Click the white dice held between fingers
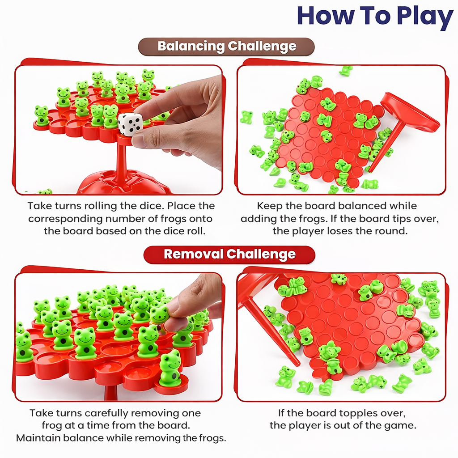click(x=130, y=124)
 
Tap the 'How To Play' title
click(x=374, y=16)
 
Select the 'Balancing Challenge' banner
click(x=226, y=47)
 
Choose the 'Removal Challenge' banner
click(x=229, y=254)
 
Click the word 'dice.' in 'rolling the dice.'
click(x=154, y=206)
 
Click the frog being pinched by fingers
click(x=159, y=315)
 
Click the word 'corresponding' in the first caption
click(x=65, y=219)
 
